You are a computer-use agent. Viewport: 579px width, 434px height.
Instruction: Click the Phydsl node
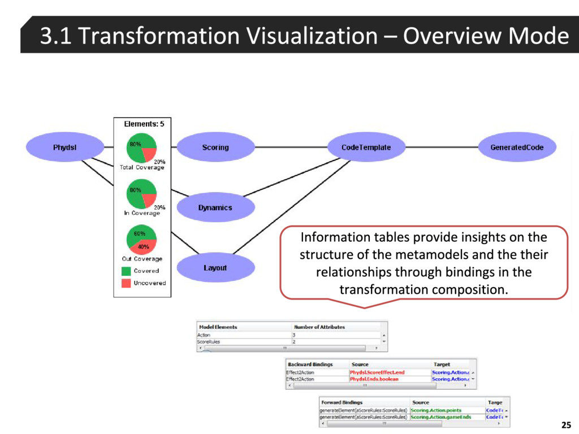[65, 147]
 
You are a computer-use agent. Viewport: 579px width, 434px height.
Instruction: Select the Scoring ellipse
[215, 147]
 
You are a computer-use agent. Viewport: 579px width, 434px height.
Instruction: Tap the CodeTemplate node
[366, 147]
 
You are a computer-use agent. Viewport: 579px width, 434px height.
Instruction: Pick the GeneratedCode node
[517, 147]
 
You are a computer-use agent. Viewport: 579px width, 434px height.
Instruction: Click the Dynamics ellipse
[215, 207]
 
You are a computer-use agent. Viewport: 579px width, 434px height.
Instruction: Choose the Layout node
[215, 268]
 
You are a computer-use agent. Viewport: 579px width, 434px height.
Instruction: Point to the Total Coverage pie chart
[141, 147]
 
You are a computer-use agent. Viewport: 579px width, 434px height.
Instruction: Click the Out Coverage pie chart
[141, 240]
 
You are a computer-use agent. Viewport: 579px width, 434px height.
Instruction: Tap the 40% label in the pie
[144, 246]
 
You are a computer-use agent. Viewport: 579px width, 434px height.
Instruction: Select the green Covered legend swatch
[126, 271]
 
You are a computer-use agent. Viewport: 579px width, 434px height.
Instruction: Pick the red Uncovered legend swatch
[126, 283]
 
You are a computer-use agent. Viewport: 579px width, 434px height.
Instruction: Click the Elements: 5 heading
[144, 124]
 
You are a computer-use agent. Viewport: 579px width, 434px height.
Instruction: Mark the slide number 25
[565, 424]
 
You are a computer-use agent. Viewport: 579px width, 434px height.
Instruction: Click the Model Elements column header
[218, 327]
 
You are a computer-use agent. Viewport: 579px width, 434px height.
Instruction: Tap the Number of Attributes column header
[319, 327]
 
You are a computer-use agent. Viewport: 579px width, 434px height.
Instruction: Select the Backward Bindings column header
[310, 364]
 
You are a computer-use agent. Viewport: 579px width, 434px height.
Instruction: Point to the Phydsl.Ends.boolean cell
[374, 379]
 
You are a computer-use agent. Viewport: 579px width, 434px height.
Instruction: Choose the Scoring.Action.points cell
[436, 410]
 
